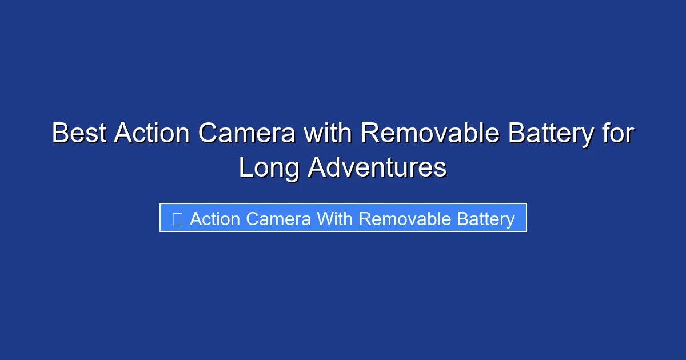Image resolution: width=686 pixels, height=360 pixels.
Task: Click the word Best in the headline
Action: coord(78,134)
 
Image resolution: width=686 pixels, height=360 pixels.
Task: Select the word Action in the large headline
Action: coord(151,134)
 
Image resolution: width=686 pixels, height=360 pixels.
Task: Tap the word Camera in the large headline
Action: coord(247,134)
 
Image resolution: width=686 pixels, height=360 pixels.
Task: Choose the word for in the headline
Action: coord(617,134)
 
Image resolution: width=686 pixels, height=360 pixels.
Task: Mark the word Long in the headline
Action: coord(269,169)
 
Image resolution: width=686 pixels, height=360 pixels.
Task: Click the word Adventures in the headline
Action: coord(377,169)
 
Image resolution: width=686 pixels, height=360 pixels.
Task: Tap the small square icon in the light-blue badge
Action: coord(177,218)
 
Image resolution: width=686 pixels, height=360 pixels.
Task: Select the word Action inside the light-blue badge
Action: coord(214,219)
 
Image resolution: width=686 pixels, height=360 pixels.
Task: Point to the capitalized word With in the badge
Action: coord(336,219)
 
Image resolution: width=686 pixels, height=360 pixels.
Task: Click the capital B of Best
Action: coord(59,134)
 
